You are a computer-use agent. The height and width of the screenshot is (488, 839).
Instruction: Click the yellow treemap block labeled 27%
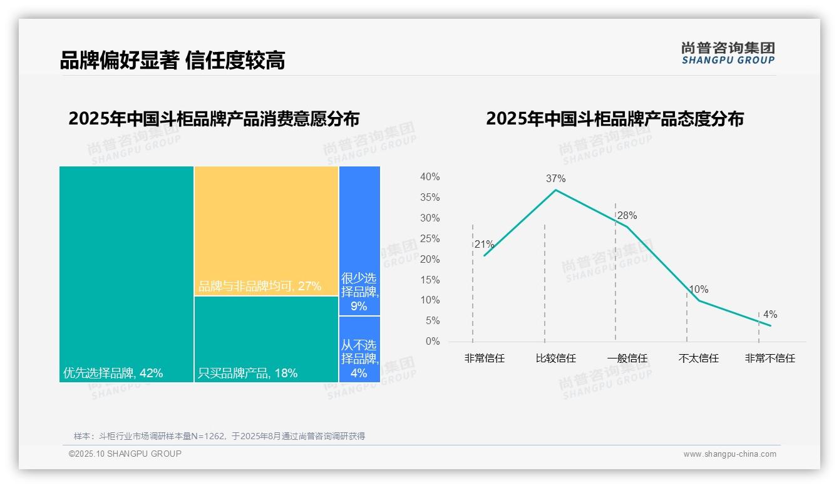click(x=266, y=231)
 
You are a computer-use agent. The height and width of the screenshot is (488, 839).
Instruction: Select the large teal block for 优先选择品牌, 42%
click(x=126, y=274)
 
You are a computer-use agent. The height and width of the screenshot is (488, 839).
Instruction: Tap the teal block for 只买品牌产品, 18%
click(x=266, y=338)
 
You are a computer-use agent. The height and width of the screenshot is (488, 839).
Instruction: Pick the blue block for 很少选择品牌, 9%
click(x=359, y=241)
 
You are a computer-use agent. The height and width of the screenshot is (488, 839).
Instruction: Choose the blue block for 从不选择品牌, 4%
click(x=359, y=349)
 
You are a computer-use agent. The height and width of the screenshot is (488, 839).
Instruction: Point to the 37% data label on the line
click(x=555, y=178)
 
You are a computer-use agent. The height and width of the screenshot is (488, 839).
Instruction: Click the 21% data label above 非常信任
click(x=484, y=245)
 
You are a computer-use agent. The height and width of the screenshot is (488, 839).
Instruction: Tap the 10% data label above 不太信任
click(x=698, y=290)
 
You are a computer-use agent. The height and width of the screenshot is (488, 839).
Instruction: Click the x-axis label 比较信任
click(x=555, y=358)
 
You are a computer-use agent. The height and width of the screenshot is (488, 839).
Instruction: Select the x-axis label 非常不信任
click(x=770, y=358)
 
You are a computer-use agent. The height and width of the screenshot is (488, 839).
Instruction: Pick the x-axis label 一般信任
click(x=627, y=358)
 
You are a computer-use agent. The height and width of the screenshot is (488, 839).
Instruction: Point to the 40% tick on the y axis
click(x=430, y=177)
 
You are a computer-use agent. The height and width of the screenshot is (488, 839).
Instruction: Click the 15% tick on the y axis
click(x=430, y=280)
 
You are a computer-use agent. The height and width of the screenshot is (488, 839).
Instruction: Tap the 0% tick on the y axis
click(x=432, y=342)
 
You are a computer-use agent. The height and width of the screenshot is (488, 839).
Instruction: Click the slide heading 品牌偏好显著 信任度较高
click(x=172, y=61)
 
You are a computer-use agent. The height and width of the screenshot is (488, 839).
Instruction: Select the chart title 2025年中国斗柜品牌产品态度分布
click(x=614, y=119)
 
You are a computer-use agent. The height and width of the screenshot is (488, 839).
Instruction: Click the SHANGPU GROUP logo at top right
click(x=728, y=53)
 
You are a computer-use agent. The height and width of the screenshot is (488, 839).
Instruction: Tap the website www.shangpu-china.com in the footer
click(x=729, y=454)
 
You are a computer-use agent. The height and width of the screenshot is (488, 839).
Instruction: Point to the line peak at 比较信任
click(x=555, y=190)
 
